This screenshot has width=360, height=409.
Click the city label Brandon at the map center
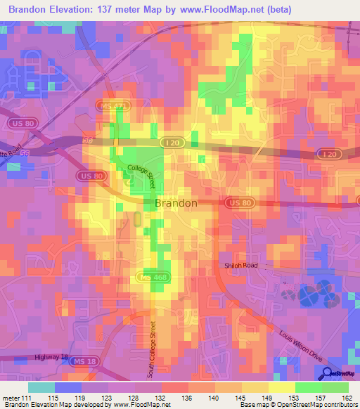click(176, 203)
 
